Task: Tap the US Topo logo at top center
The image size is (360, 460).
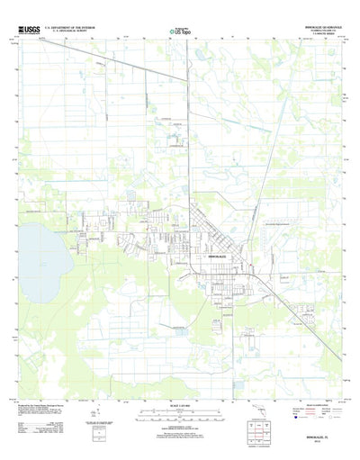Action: (x=180, y=32)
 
